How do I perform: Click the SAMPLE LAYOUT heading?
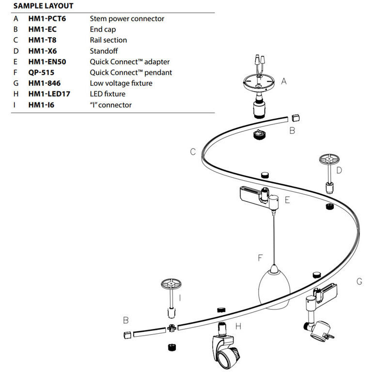[43, 6]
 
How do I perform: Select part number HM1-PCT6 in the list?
[47, 19]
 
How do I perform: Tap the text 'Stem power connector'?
[127, 19]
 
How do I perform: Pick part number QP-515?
[41, 73]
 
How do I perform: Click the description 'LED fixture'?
[108, 94]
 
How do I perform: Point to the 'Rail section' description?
[108, 40]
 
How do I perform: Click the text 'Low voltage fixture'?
[121, 83]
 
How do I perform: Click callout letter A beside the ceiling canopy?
[284, 81]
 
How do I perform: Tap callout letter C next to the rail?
[193, 152]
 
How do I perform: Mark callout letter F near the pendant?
[260, 259]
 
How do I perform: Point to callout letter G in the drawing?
[359, 281]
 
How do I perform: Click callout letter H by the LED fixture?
[238, 326]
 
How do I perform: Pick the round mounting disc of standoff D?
[330, 159]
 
